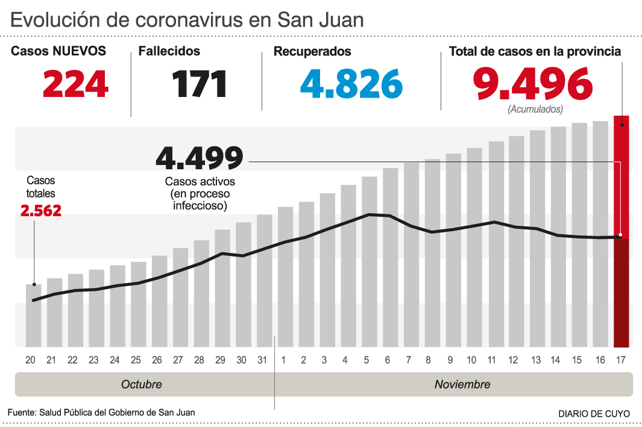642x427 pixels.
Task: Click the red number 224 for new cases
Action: (75, 84)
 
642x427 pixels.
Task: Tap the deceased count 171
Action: (200, 84)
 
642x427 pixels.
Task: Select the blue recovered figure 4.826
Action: (351, 84)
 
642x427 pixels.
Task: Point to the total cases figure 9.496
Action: (532, 84)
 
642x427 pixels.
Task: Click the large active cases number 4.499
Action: (200, 158)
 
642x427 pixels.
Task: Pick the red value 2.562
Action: (41, 211)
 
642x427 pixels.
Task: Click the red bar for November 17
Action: (622, 231)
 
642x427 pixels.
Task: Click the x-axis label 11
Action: (492, 360)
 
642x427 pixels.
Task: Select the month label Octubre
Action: (142, 384)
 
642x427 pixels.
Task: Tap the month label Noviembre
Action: (462, 384)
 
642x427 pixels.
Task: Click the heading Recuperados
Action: (312, 52)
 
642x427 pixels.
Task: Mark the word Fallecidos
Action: (169, 52)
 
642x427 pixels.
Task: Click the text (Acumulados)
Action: (535, 110)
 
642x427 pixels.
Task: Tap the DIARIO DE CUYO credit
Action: (594, 414)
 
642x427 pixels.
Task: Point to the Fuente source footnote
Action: (101, 413)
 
